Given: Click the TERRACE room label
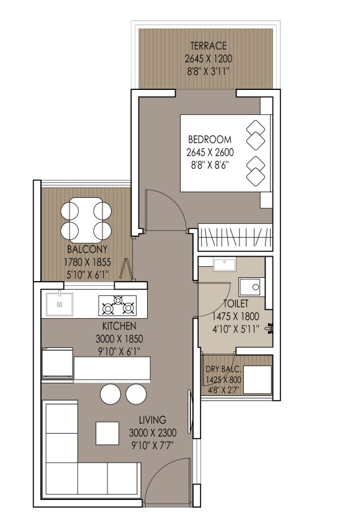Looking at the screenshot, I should coord(209,46).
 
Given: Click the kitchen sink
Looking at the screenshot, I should coord(59,305).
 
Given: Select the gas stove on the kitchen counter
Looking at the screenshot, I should coord(117,305).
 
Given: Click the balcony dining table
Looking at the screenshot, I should coord(87,220).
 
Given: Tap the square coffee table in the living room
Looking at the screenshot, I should coord(107,432).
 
